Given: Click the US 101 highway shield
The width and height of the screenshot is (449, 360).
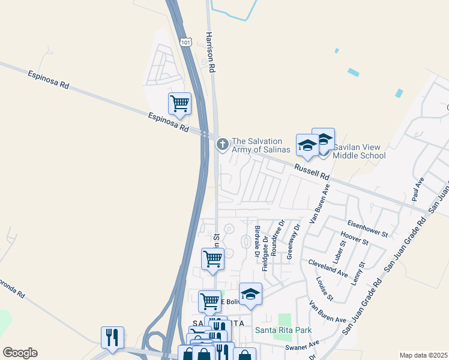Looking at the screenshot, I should point(186,42).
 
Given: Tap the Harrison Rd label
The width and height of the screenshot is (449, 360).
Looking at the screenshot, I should point(210,52).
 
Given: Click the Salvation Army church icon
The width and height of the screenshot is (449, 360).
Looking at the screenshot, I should point(223,144).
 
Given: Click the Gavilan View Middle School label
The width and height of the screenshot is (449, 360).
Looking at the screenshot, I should point(359,151).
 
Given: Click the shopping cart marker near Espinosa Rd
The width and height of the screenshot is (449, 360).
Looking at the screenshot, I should point(179,104).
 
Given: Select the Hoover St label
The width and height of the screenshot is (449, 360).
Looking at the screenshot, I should point(353,238).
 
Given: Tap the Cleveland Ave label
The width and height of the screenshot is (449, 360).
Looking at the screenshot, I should point(328,268).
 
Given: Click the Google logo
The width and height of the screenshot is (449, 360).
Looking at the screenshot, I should point(20,353).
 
